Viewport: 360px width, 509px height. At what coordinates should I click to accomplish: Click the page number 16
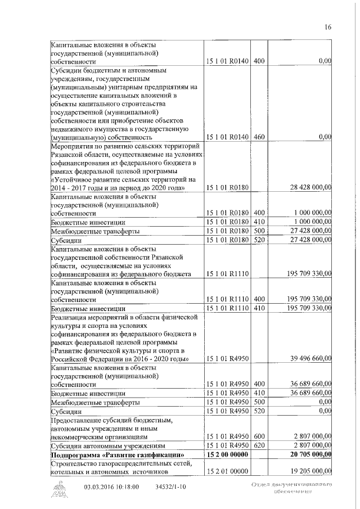point(328,26)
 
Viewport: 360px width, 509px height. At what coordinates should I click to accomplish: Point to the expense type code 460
point(259,136)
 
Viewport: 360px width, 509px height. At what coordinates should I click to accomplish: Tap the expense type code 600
point(259,436)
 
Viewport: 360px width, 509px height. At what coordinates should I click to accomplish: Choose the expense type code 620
point(259,445)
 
